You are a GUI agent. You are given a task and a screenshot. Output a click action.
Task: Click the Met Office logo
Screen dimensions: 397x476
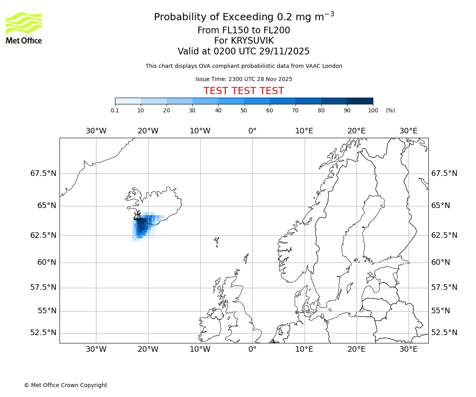24,28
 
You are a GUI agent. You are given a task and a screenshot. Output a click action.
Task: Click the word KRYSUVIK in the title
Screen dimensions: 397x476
244,41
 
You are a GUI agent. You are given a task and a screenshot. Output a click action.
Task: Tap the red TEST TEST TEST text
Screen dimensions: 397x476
244,91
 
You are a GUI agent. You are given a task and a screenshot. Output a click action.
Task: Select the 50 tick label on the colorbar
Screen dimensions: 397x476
244,110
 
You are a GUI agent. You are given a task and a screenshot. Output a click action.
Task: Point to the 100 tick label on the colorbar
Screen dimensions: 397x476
373,110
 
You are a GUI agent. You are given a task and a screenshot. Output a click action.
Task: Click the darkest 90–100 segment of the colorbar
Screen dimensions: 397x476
360,101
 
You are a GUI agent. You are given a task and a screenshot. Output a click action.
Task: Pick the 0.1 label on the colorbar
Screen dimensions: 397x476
115,110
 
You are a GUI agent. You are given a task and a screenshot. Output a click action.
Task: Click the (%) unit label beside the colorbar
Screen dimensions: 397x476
390,110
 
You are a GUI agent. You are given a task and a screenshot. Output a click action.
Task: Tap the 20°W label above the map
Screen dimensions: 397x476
148,131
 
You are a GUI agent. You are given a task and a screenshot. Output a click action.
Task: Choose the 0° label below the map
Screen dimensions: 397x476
252,349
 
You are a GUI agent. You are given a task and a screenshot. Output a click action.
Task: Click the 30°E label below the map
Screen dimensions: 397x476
408,349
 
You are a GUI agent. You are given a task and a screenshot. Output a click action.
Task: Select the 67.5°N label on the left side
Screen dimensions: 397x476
43,173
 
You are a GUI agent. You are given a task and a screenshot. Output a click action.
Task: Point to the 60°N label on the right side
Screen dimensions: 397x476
441,262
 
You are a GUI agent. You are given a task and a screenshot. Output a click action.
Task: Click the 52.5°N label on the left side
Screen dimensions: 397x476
43,333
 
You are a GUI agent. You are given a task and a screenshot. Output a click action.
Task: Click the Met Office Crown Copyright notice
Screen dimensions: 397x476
65,385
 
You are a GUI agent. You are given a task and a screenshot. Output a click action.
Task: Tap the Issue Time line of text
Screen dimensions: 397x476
244,79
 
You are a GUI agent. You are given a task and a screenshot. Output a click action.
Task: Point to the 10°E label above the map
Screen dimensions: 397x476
304,131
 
